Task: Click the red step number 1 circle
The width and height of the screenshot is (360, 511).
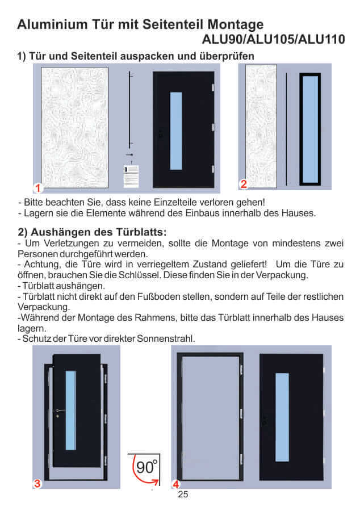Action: tap(37, 187)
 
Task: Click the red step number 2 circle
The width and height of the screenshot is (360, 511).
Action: tap(243, 183)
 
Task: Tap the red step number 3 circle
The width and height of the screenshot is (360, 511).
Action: tap(37, 484)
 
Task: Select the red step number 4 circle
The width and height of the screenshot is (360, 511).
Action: tap(176, 484)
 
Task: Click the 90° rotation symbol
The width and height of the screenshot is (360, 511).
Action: tap(145, 468)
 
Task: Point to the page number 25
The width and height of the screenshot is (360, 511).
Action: tap(183, 495)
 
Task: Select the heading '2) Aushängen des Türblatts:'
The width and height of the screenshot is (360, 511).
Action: tap(91, 232)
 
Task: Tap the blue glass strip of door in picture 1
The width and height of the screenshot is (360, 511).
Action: tap(176, 131)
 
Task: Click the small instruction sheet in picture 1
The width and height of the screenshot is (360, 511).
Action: tap(131, 177)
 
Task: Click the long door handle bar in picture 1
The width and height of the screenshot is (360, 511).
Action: tap(131, 111)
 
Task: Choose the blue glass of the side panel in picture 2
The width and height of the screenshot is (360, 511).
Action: tap(311, 128)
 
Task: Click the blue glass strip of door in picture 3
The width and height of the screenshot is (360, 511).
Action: tap(70, 410)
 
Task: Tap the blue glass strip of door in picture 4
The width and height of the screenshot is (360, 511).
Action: tap(282, 417)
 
